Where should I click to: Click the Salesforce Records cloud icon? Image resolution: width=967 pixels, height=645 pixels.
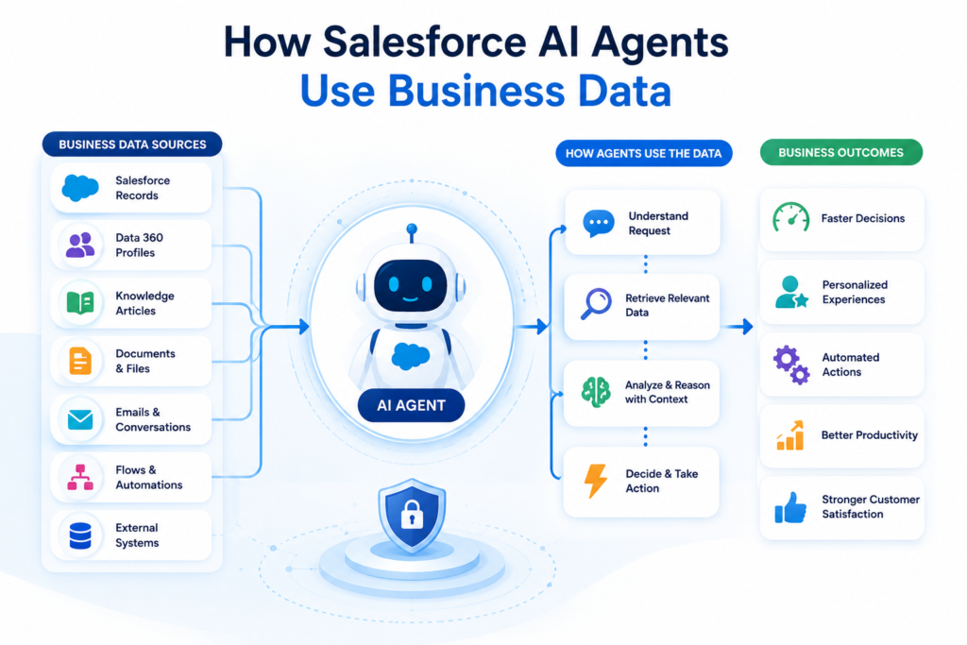click(x=80, y=188)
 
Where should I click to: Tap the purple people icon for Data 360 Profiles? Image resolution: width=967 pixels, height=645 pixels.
click(x=80, y=245)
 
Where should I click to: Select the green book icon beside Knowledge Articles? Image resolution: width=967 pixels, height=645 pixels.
click(x=80, y=303)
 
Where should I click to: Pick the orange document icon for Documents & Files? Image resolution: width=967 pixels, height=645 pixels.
click(x=80, y=361)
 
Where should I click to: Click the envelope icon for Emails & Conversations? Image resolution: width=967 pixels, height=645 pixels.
click(x=80, y=419)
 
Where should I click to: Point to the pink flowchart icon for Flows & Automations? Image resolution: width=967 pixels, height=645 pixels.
click(x=80, y=477)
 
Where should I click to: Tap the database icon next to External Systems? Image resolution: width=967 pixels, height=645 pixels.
click(x=80, y=535)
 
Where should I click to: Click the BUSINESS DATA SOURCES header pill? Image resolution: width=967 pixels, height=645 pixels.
click(x=132, y=144)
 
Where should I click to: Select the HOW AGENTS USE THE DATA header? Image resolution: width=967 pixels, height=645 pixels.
click(x=644, y=154)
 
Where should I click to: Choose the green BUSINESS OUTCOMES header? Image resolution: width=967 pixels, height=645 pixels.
click(x=841, y=152)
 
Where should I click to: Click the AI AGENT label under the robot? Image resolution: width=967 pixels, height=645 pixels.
click(x=412, y=405)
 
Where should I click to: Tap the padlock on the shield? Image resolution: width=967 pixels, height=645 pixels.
click(x=412, y=515)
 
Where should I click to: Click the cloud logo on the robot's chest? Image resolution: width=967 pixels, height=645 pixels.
click(x=411, y=356)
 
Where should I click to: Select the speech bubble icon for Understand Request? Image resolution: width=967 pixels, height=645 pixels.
click(x=598, y=223)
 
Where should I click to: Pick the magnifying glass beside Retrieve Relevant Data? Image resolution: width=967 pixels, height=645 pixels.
click(x=597, y=303)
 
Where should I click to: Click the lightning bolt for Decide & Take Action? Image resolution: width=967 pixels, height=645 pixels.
click(x=596, y=481)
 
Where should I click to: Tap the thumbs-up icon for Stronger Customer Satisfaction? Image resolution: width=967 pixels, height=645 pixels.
click(x=790, y=507)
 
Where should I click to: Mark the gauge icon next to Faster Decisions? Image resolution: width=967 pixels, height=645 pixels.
click(x=790, y=217)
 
